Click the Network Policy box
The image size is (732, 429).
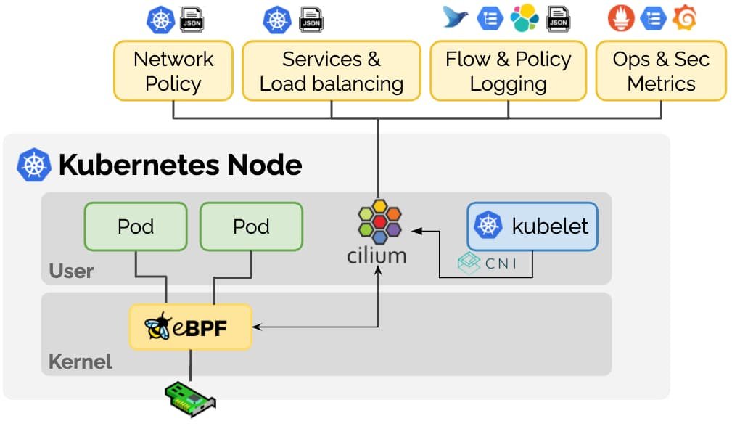tap(173, 70)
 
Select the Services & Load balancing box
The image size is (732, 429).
tap(331, 70)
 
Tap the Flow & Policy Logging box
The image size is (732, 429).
tap(508, 70)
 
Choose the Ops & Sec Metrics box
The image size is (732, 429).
tap(661, 70)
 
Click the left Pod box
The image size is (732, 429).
tap(136, 226)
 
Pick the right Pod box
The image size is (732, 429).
tap(251, 226)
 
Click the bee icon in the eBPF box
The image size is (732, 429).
tap(157, 327)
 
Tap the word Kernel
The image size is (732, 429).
tap(81, 361)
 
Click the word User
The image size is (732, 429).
tap(71, 271)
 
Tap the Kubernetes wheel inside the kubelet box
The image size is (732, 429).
tap(490, 226)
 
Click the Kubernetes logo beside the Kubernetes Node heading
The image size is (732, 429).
tap(34, 165)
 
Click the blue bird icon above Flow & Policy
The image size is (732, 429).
tap(456, 18)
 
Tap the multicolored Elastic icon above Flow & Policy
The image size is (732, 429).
tap(524, 19)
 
